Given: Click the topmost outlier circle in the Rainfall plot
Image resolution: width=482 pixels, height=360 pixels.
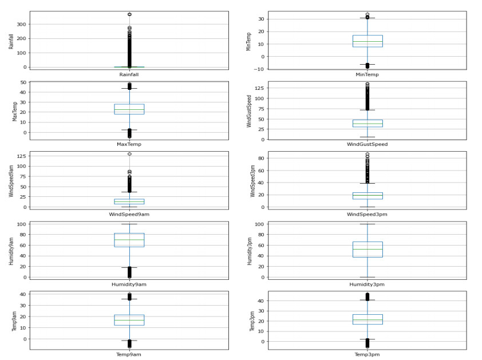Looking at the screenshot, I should [x=129, y=14].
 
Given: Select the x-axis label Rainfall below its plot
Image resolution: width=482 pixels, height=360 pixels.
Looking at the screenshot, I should [x=129, y=74].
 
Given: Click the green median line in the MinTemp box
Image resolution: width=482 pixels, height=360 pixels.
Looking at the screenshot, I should [x=367, y=41].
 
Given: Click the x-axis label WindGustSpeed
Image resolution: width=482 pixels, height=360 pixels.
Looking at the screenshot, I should [x=367, y=144].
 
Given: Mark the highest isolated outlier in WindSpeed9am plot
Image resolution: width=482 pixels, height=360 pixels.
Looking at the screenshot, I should [x=129, y=154].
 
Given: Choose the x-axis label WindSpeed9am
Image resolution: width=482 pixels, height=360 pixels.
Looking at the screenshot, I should [x=129, y=214].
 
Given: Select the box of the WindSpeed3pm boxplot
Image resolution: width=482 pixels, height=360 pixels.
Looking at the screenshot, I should [x=367, y=196].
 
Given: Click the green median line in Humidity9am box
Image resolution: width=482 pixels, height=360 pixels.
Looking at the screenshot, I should [x=129, y=240].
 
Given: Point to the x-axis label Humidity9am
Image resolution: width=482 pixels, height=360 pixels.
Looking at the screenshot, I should [x=129, y=284].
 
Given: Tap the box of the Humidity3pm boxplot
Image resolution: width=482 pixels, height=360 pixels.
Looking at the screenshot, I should [x=367, y=250].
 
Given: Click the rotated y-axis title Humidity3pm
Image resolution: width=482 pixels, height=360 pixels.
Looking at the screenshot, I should [x=250, y=251].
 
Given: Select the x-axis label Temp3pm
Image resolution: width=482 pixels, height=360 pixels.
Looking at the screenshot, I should [x=367, y=355].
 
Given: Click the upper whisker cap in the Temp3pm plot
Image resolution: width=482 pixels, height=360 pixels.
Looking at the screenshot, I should [x=367, y=300].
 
